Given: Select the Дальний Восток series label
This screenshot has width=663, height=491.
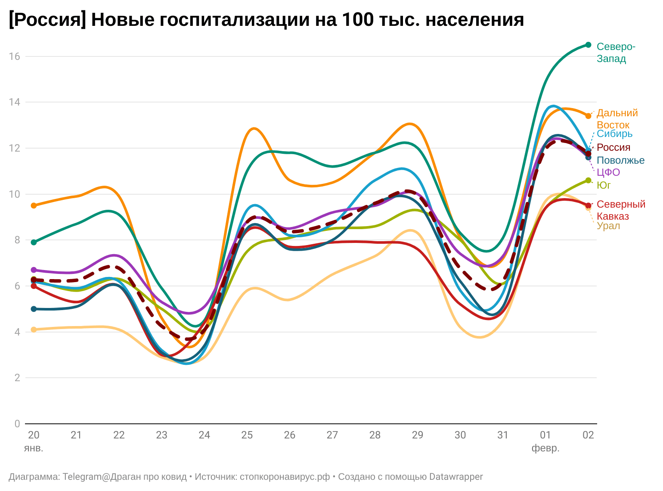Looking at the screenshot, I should (x=617, y=119).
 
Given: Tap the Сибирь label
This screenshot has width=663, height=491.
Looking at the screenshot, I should (x=614, y=134).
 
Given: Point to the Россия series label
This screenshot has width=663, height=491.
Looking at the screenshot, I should (x=613, y=147).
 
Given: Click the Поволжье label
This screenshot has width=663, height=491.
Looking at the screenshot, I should (x=620, y=161).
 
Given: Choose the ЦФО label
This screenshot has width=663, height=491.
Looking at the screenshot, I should (x=608, y=173).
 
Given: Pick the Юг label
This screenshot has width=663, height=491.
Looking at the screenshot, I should (x=604, y=185).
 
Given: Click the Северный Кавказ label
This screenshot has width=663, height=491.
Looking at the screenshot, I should (x=621, y=210).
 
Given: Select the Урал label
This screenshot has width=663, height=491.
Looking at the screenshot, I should (x=608, y=226).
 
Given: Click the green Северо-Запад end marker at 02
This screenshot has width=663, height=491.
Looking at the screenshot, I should (x=588, y=45).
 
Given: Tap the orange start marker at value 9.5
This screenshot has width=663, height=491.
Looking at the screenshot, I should (x=34, y=205).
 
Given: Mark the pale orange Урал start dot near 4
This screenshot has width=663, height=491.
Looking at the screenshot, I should (x=34, y=329).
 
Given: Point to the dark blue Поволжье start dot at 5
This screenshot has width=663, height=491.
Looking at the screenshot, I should (x=34, y=309).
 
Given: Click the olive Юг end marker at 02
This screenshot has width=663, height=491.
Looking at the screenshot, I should (x=588, y=180).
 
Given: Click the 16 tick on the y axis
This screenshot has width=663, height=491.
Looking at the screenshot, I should (x=15, y=56).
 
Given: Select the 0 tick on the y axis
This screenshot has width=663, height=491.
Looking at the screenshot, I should (x=17, y=424).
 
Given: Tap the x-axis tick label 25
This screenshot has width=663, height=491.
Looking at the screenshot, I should (x=247, y=435).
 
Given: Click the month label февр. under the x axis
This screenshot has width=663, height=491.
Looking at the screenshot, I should (x=545, y=448).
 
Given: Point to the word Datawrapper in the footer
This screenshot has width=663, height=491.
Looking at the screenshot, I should (x=456, y=477).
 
